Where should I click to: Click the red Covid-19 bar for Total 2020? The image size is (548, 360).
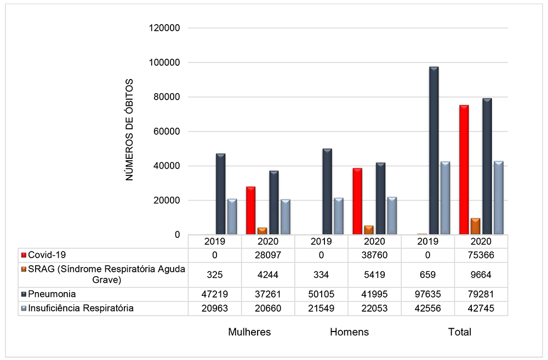coord(464,170)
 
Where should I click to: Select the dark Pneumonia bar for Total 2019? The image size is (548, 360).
coord(434,151)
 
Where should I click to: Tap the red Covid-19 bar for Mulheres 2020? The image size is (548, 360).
coord(250,210)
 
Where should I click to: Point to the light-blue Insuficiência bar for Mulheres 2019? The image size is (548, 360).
coord(232,216)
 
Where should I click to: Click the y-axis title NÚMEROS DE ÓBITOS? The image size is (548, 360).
coord(130,130)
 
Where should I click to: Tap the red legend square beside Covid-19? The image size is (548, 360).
coord(24,255)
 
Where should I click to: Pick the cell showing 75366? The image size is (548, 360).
coord(481,255)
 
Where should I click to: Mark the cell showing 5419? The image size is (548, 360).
coord(375,275)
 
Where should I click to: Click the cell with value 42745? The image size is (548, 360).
coord(481,308)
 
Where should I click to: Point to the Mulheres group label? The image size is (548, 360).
coord(249,332)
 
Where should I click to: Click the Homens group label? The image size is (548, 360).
coord(349,332)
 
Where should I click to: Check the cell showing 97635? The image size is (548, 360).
coord(428,294)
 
